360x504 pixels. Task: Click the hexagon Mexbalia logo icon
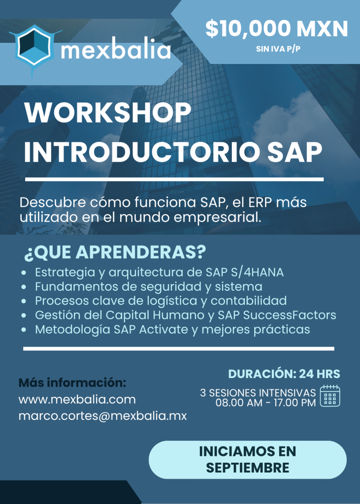pyautogui.click(x=35, y=48)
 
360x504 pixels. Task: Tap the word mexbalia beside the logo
pyautogui.click(x=116, y=50)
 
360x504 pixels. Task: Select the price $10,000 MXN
pyautogui.click(x=277, y=29)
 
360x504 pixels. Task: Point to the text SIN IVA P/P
pyautogui.click(x=278, y=49)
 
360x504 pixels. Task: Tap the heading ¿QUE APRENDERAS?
pyautogui.click(x=115, y=252)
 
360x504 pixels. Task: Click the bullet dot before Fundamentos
pyautogui.click(x=24, y=287)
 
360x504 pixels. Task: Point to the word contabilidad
pyautogui.click(x=248, y=301)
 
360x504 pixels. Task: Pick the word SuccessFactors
pyautogui.click(x=290, y=315)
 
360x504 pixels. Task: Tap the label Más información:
pyautogui.click(x=72, y=382)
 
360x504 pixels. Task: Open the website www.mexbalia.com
pyautogui.click(x=77, y=400)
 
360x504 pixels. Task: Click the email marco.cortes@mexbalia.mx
pyautogui.click(x=102, y=416)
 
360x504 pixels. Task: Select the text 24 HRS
pyautogui.click(x=320, y=374)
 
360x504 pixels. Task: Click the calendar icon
pyautogui.click(x=330, y=396)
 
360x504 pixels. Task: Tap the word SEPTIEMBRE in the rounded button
pyautogui.click(x=247, y=468)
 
